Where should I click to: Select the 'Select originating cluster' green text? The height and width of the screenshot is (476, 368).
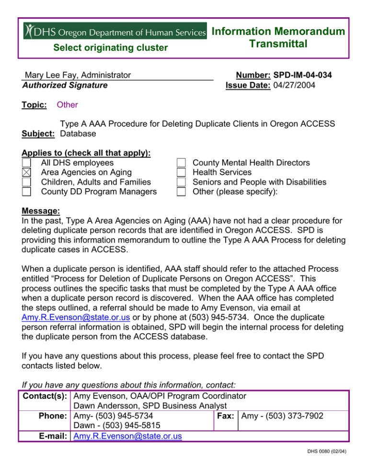(x=110, y=47)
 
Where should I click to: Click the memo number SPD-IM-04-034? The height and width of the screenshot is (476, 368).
(x=303, y=75)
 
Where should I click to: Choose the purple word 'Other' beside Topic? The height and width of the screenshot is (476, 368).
(x=67, y=105)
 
